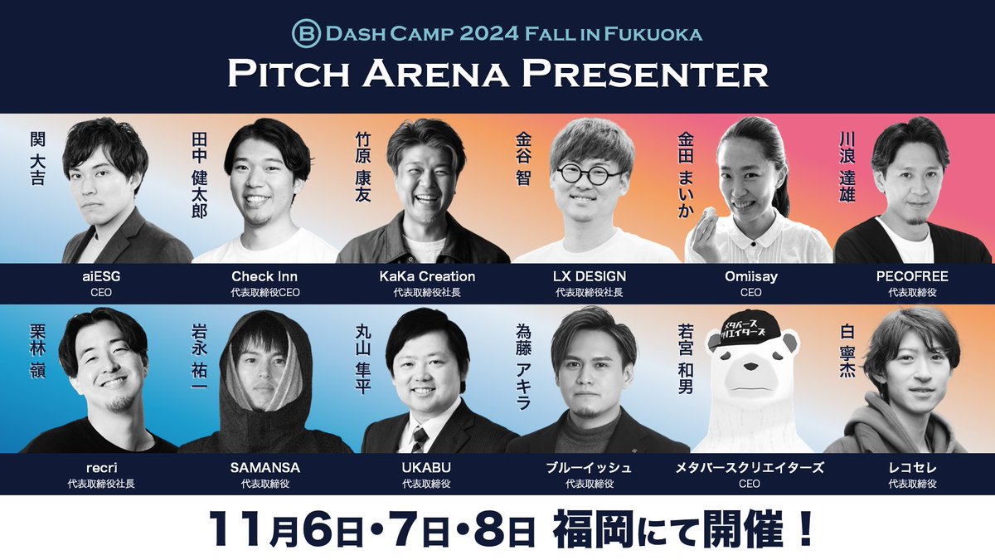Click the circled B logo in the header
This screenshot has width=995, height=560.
(x=307, y=33)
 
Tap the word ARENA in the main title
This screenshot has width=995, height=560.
(x=436, y=74)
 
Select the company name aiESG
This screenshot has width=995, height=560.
(x=101, y=276)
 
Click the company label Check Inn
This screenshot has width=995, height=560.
(x=265, y=276)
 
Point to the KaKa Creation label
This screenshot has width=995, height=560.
(x=427, y=276)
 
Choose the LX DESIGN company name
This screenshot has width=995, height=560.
(x=590, y=276)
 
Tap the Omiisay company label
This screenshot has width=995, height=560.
(x=751, y=276)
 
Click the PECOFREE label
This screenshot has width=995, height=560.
(x=912, y=276)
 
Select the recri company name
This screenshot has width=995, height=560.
(x=102, y=468)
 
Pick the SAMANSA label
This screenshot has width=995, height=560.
(x=265, y=468)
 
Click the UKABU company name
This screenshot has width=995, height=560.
(x=426, y=468)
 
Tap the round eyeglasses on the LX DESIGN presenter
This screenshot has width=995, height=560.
(x=589, y=173)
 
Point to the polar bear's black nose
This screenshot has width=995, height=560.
(x=751, y=367)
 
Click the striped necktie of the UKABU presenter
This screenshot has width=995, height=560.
(x=419, y=438)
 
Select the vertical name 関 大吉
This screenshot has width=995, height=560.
(x=38, y=158)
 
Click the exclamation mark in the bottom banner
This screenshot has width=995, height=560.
(x=803, y=529)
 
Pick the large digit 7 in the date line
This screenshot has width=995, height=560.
(x=400, y=529)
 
